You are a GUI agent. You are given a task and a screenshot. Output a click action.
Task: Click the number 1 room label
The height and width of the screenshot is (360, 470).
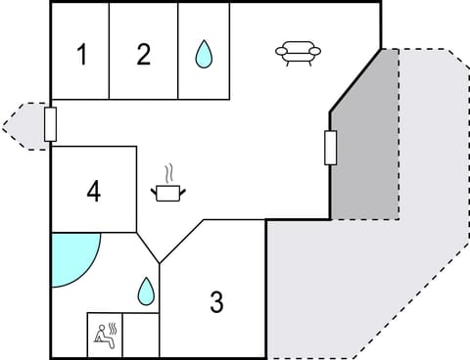[x=82, y=55]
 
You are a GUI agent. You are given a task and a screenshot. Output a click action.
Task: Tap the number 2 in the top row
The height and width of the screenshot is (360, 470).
[x=144, y=55]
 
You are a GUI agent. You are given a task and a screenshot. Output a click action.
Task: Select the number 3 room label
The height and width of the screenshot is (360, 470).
[x=216, y=302]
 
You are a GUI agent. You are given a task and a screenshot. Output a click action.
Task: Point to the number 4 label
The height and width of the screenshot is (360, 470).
[x=94, y=191]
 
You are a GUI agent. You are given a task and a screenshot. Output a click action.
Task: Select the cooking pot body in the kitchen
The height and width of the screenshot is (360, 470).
[x=168, y=193]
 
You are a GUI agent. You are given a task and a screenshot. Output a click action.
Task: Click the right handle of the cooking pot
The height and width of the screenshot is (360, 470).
[x=182, y=190]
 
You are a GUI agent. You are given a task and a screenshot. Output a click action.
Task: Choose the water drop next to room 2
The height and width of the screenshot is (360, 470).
[x=203, y=54]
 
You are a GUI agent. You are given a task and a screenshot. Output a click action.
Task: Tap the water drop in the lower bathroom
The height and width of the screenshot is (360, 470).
[x=145, y=290]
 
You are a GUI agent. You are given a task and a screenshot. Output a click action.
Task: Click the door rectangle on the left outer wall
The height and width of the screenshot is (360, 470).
[x=51, y=124]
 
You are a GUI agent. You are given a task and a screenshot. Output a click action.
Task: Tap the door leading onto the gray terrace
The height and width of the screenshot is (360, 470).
[x=331, y=148]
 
